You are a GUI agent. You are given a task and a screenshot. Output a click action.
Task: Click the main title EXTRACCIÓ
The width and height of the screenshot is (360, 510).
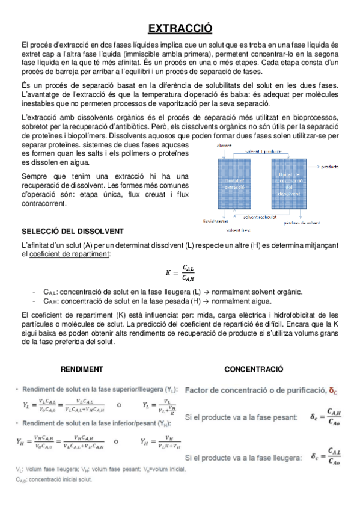[180, 28]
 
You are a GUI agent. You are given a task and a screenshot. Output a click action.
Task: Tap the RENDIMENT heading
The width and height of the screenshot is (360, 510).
[82, 369]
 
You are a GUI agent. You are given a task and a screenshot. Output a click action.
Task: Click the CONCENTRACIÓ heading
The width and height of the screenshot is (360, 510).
[254, 369]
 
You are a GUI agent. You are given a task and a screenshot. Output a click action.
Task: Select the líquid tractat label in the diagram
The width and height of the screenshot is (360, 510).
[215, 222]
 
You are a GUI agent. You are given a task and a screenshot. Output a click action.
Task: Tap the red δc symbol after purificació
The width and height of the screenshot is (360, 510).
[333, 390]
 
